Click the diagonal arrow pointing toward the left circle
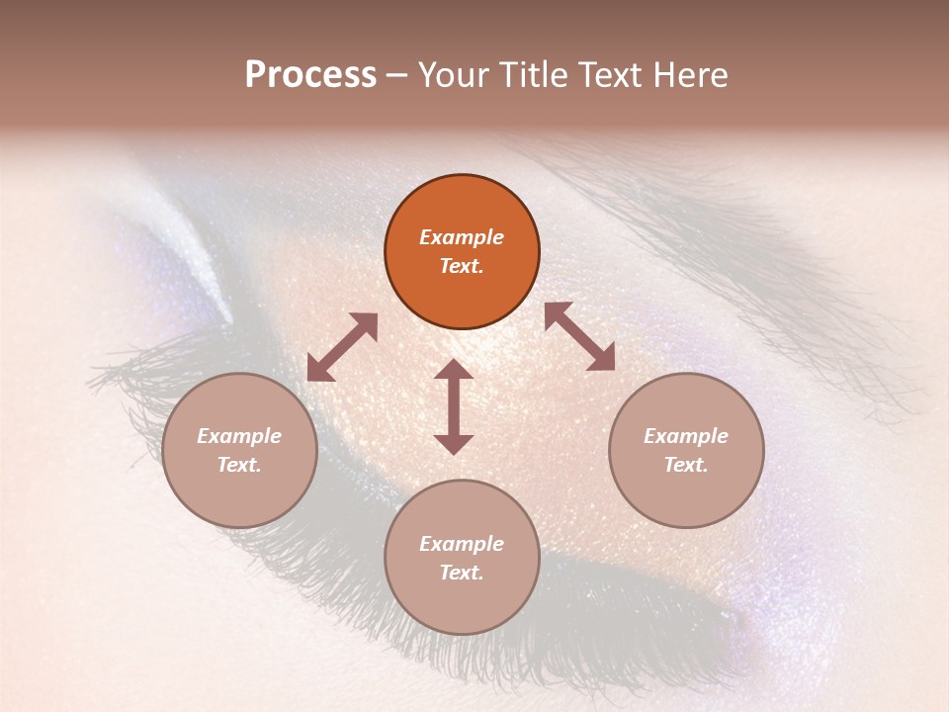click(342, 347)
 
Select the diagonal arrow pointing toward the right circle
click(579, 336)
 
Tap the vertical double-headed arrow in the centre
click(454, 406)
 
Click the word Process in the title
click(310, 74)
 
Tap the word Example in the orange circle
click(462, 237)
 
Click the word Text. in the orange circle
click(462, 266)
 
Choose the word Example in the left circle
click(239, 436)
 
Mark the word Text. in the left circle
click(239, 465)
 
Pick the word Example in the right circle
click(686, 436)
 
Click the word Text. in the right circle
click(686, 465)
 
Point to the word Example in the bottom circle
click(462, 544)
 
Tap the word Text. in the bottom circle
click(462, 573)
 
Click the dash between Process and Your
click(397, 76)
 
